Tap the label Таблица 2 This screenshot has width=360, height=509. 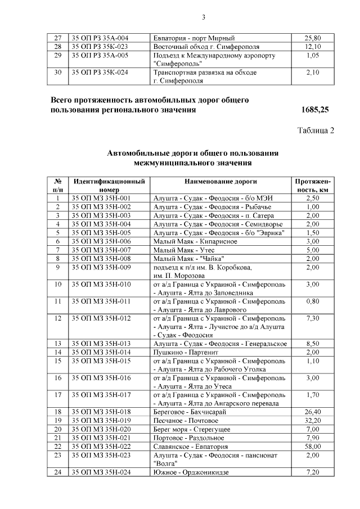(x=316, y=131)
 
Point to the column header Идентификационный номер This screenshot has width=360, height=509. (x=109, y=186)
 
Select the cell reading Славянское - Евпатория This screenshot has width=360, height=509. (x=188, y=446)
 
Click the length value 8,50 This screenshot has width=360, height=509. (x=313, y=343)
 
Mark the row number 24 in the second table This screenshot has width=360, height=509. (x=57, y=472)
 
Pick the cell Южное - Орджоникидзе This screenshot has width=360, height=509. (x=191, y=472)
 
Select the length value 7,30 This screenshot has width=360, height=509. (x=313, y=318)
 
